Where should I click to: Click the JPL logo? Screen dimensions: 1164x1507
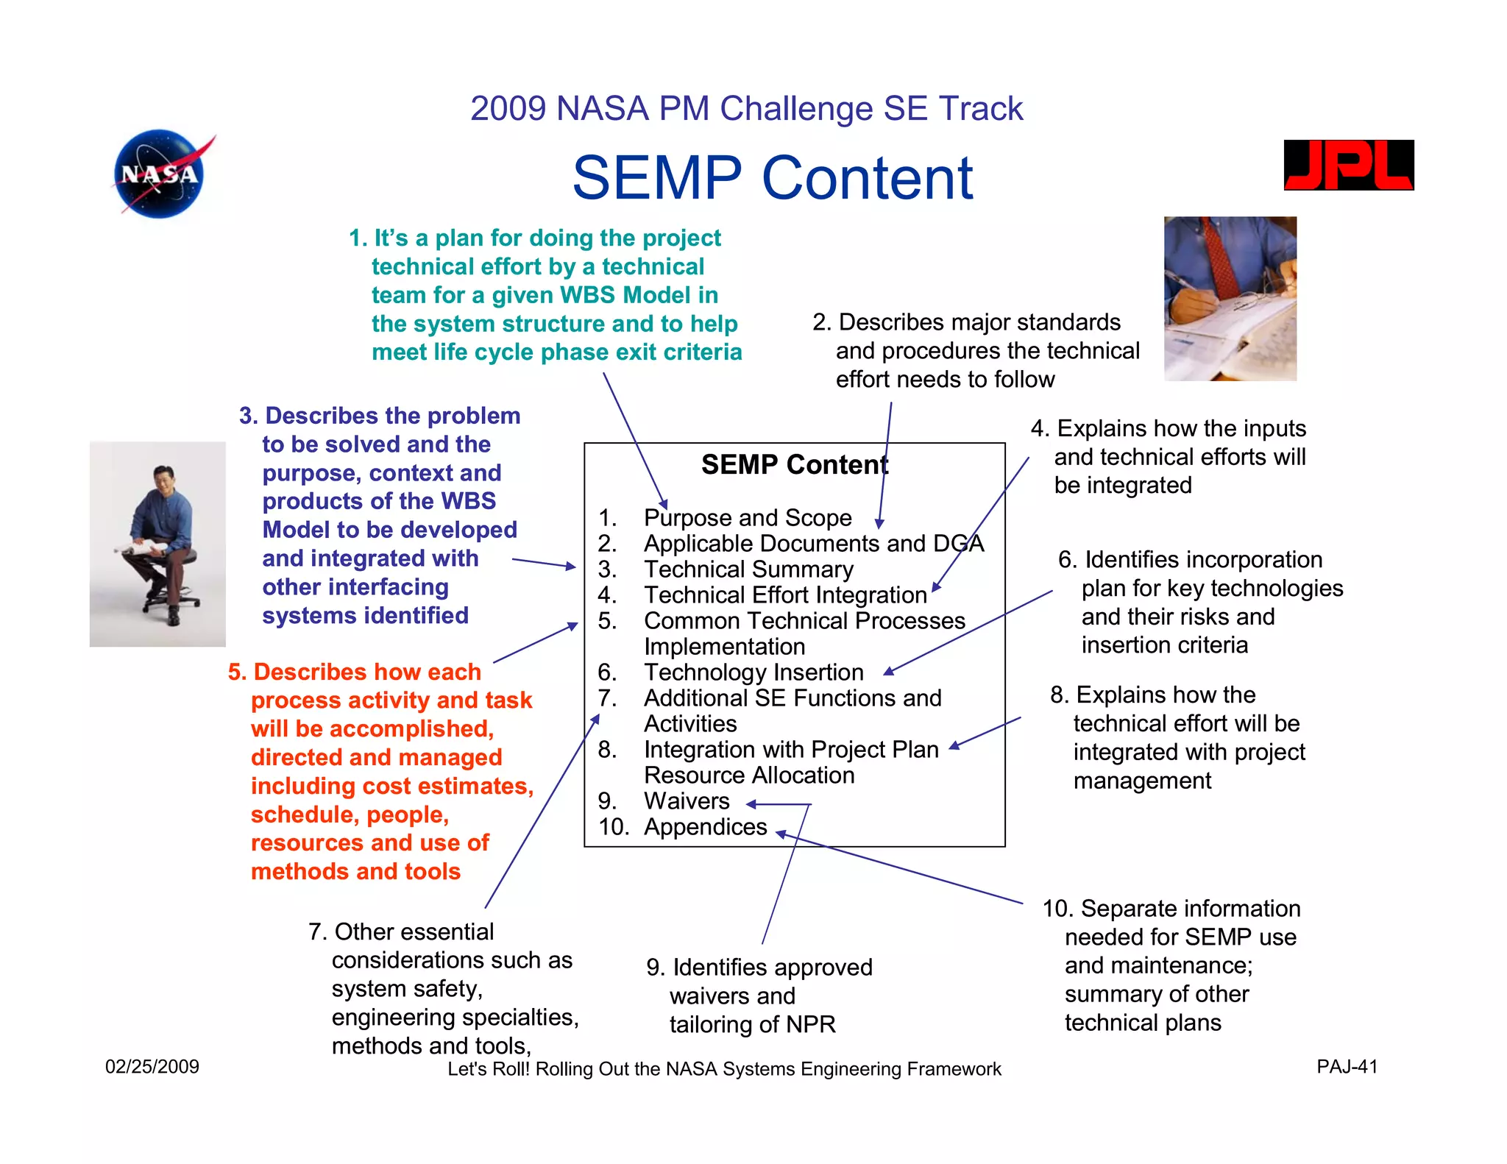pyautogui.click(x=1348, y=166)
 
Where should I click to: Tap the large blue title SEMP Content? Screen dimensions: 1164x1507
pyautogui.click(x=772, y=178)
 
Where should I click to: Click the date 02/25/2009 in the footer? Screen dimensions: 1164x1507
pyautogui.click(x=152, y=1066)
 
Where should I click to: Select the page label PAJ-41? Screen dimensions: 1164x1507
pyautogui.click(x=1346, y=1066)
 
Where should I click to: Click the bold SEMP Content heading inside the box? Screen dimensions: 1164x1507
pyautogui.click(x=794, y=465)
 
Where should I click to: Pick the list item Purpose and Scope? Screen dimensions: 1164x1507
pyautogui.click(x=747, y=518)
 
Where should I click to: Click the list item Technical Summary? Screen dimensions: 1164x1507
pyautogui.click(x=748, y=569)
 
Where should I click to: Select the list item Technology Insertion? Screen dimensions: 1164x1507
pyautogui.click(x=753, y=673)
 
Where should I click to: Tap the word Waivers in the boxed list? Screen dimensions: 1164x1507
pyautogui.click(x=686, y=801)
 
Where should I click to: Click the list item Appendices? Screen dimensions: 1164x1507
pyautogui.click(x=705, y=827)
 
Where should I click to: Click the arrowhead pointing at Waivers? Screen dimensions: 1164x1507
pyautogui.click(x=751, y=804)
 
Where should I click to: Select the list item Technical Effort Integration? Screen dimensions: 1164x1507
pyautogui.click(x=784, y=595)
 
